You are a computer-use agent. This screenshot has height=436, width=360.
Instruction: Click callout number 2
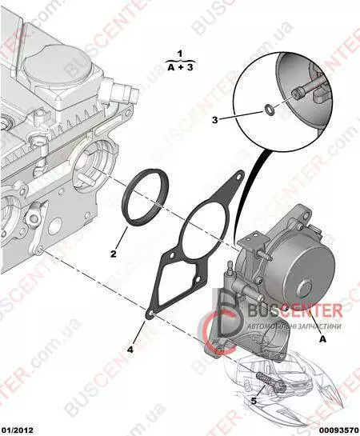(113, 254)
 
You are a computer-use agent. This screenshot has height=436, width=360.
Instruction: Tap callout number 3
(215, 120)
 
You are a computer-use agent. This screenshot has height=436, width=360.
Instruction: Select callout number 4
(130, 350)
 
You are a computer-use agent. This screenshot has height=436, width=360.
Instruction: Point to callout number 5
(254, 401)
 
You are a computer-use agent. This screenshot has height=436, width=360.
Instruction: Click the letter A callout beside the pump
(322, 339)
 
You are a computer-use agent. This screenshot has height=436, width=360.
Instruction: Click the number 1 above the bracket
(180, 54)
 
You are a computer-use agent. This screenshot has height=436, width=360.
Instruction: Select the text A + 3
(180, 67)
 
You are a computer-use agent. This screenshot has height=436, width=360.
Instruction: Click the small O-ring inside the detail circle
(269, 109)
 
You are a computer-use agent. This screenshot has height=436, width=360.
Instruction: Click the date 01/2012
(17, 430)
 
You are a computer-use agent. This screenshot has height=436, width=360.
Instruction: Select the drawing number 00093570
(341, 430)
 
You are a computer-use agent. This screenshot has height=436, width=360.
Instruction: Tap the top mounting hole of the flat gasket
(238, 176)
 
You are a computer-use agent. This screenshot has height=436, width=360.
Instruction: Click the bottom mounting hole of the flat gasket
(151, 314)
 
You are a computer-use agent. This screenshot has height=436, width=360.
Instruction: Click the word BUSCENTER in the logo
(294, 310)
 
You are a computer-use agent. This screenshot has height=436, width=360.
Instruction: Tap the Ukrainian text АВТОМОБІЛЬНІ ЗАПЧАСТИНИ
(294, 326)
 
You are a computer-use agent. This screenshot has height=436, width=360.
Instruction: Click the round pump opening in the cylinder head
(92, 168)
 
